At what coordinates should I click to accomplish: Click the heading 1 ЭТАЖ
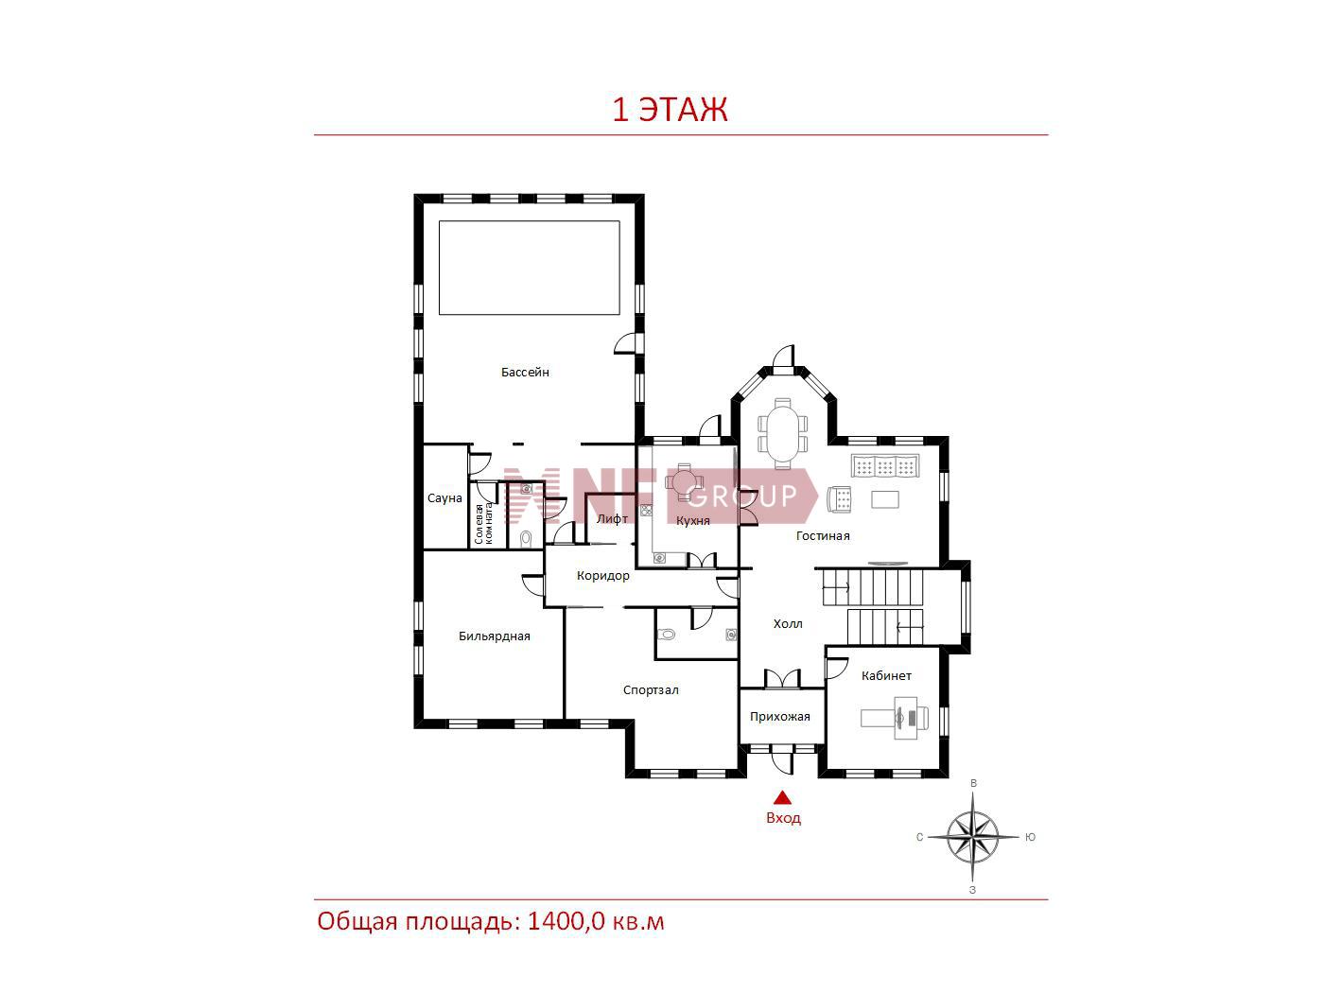point(670,110)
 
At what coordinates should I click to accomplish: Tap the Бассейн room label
point(525,373)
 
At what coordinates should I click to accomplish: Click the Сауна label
point(444,498)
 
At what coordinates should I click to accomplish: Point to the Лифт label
point(612,518)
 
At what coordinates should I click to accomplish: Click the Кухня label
point(692,521)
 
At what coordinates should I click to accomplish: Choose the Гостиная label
point(823,535)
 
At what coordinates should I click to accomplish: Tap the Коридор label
point(602,576)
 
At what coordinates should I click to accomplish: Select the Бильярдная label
point(494,636)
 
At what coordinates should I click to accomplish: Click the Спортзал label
point(651,689)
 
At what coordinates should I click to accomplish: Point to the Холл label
point(788,624)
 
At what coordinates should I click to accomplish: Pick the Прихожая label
point(780,717)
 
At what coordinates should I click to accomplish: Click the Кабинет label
point(886,676)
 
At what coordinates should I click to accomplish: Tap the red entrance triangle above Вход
point(782,798)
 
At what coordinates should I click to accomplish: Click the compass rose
point(973,837)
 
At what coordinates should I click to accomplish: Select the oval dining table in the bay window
point(783,433)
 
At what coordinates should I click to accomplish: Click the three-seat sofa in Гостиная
point(885,466)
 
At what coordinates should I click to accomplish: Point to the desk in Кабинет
point(895,718)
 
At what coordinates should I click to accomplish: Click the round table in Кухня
point(684,482)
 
